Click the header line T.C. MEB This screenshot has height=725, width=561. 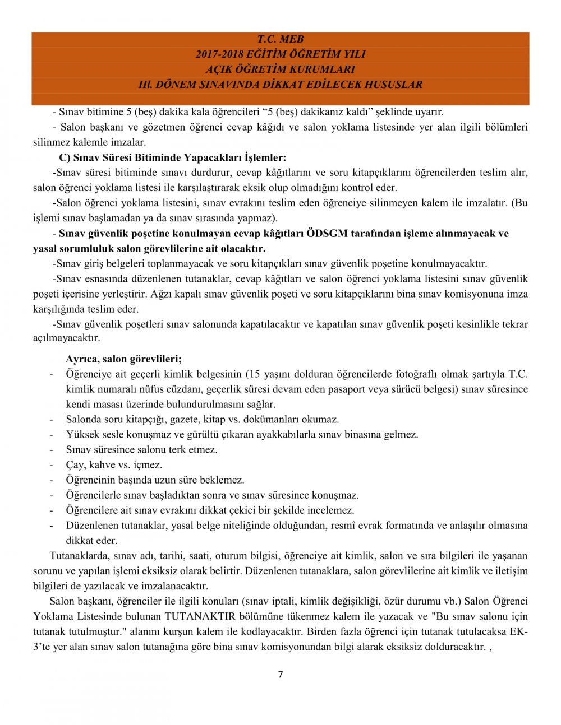coord(280,39)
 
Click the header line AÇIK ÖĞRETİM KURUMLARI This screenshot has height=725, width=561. coord(280,69)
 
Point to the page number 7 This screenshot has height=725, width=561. coord(280,674)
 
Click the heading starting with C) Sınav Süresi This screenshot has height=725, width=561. coord(172,157)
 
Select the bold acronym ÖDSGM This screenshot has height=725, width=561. coord(327,233)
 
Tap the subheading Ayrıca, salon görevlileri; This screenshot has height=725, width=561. coord(123,359)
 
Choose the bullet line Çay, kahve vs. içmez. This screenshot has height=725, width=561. coord(114,464)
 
